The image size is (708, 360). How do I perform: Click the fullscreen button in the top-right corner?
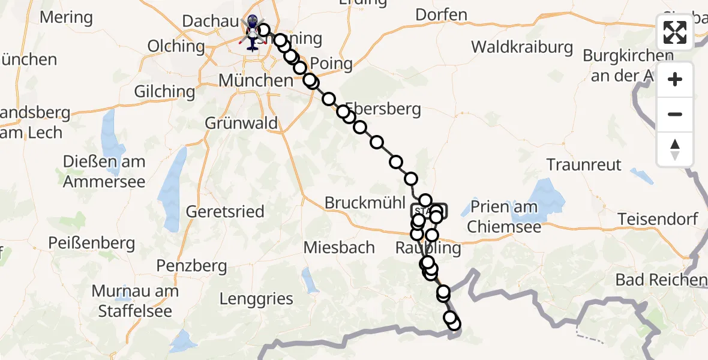[675, 32]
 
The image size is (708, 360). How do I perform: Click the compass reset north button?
[675, 149]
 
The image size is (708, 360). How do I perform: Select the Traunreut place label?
[584, 164]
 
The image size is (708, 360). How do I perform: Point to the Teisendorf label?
[658, 219]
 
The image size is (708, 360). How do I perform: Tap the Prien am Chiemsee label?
[505, 218]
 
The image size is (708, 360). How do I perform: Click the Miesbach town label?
[339, 247]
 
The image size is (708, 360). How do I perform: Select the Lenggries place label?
[256, 299]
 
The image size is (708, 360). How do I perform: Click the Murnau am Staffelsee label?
[135, 301]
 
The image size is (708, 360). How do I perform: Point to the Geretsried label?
[225, 212]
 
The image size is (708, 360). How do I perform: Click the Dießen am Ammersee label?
[104, 172]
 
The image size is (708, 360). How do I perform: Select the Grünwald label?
[241, 124]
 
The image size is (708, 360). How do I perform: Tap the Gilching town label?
[165, 92]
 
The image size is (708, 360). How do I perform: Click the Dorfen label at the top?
[441, 15]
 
